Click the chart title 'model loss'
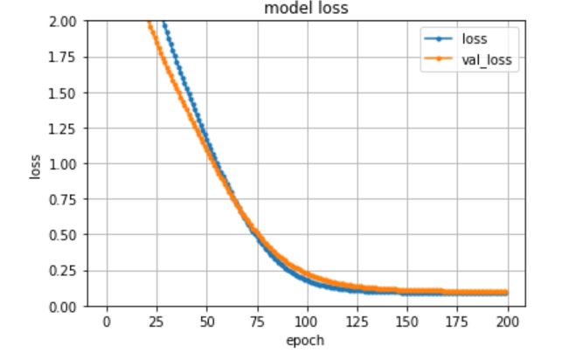point(307,10)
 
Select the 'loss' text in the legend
point(475,39)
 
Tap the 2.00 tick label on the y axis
point(64,21)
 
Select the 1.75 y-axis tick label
point(64,57)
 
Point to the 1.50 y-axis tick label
point(64,93)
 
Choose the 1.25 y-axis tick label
point(64,128)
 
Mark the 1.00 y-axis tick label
point(64,163)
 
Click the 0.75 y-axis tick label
point(64,199)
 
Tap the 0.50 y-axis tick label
point(64,235)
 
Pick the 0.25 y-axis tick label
point(64,270)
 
